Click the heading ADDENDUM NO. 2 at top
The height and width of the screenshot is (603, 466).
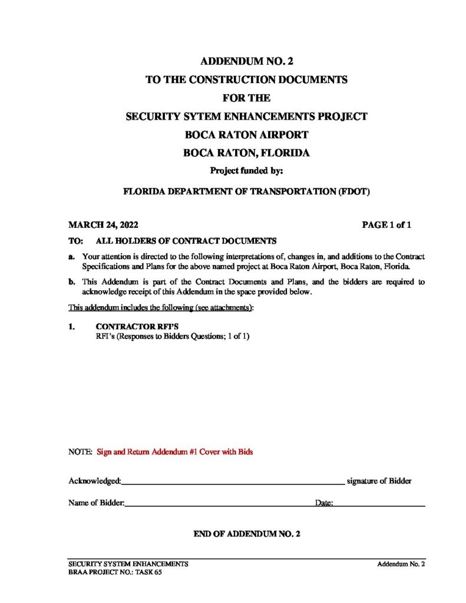(246, 61)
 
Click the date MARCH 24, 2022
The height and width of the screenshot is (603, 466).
(104, 225)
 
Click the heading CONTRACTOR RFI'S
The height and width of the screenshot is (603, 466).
(135, 326)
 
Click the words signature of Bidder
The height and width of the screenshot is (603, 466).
(379, 481)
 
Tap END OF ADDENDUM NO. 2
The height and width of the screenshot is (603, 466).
(247, 534)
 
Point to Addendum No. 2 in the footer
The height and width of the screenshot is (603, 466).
(401, 564)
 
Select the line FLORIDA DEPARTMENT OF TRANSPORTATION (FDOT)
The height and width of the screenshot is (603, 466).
(246, 191)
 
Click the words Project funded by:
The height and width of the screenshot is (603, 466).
(247, 171)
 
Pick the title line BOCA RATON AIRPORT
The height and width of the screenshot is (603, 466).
(246, 134)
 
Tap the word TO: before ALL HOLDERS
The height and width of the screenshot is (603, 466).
(75, 241)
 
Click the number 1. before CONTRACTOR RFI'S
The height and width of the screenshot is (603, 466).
(72, 326)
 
